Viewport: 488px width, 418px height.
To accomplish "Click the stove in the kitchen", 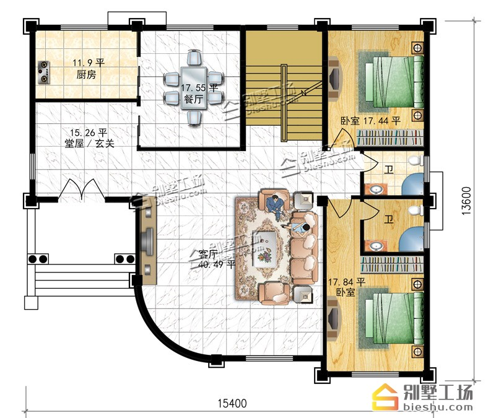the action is (x=43, y=72).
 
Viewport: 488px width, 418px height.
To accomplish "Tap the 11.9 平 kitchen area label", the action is (x=89, y=63).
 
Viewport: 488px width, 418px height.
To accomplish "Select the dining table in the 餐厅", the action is (x=194, y=88).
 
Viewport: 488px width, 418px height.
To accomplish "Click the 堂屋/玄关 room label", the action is (x=90, y=144).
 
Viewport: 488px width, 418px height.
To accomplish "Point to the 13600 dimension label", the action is (x=466, y=201).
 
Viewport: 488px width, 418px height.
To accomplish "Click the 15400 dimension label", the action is (x=232, y=403).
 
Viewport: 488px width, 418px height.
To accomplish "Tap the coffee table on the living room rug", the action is (x=264, y=248).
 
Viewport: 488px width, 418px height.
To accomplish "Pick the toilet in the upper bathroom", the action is (x=415, y=160).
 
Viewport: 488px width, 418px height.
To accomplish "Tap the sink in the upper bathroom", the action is (x=377, y=189).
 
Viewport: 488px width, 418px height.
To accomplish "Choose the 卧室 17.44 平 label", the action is (x=371, y=121).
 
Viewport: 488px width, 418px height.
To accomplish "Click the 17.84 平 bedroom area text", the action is (x=347, y=282).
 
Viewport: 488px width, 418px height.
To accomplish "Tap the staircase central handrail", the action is (x=284, y=103).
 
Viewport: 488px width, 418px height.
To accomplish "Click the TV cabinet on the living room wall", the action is (x=148, y=242).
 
